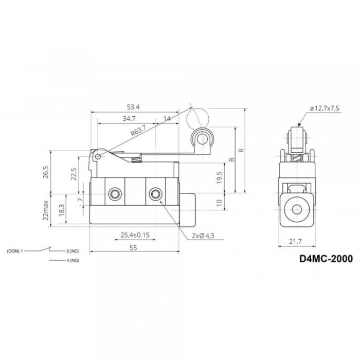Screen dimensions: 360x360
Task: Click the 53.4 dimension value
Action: pos(133,107)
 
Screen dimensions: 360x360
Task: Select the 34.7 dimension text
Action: pos(129,119)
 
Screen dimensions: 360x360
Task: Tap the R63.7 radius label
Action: pos(138,130)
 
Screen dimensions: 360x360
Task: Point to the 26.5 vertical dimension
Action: pos(46,172)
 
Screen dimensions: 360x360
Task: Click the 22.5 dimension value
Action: pos(74,174)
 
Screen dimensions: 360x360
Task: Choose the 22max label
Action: pos(46,210)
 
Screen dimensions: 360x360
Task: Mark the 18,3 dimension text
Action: pos(62,210)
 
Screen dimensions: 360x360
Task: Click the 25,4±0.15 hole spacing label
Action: pos(135,235)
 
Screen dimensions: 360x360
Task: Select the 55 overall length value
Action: pos(133,248)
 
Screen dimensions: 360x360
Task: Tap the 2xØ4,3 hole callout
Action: pos(203,236)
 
